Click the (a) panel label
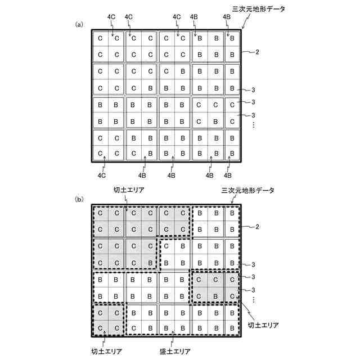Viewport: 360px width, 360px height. pyautogui.click(x=79, y=24)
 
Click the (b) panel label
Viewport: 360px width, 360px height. pyautogui.click(x=79, y=199)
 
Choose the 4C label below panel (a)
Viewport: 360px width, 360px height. pyautogui.click(x=102, y=175)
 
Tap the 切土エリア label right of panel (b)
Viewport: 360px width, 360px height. pyautogui.click(x=262, y=325)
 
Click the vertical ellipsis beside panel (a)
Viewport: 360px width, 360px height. pyautogui.click(x=254, y=125)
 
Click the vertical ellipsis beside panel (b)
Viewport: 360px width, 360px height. pyautogui.click(x=254, y=301)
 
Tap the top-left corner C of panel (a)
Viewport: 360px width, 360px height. pyautogui.click(x=100, y=38)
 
